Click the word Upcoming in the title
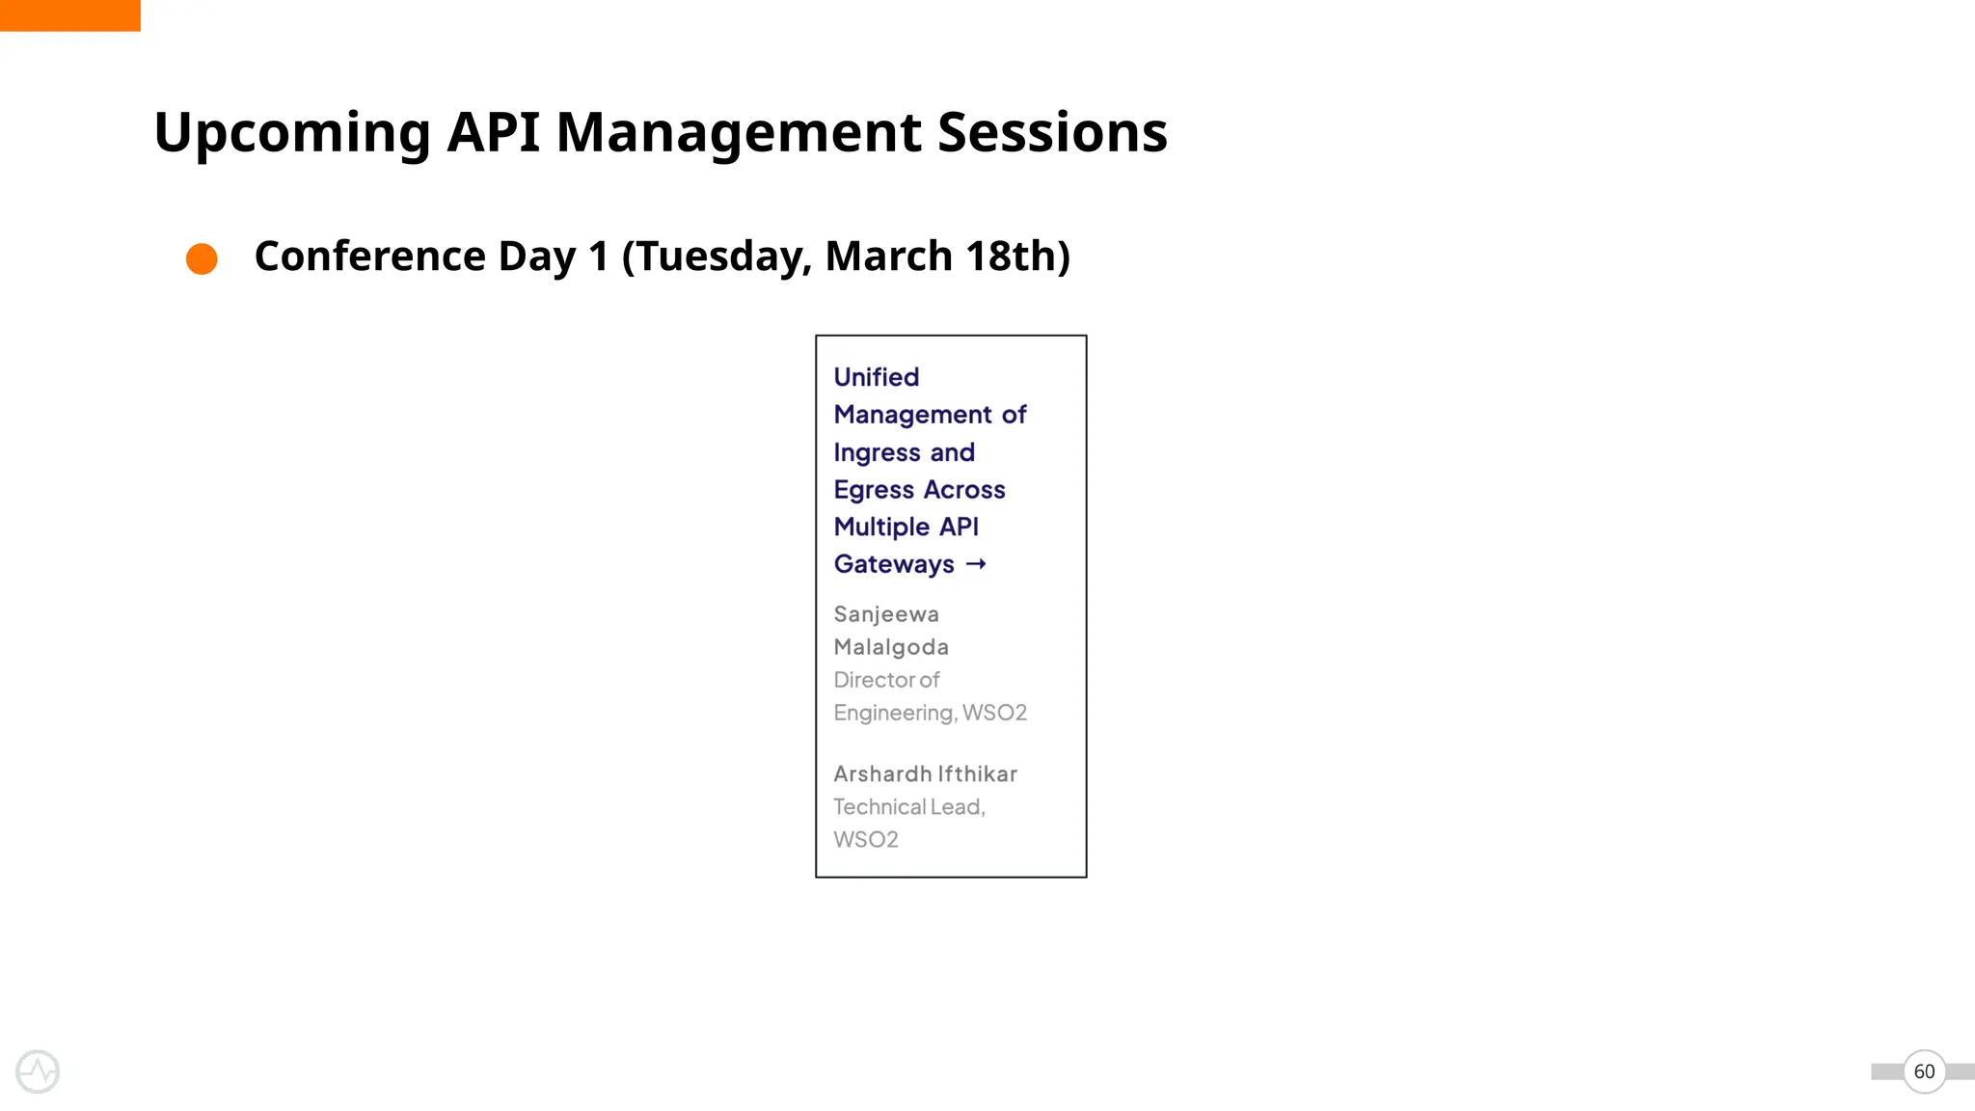point(292,133)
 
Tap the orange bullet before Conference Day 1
point(202,258)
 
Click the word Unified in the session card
point(876,377)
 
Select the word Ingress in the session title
point(877,452)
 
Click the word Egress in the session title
point(874,490)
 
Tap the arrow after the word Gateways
point(976,564)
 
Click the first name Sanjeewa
point(885,614)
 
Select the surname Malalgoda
point(891,647)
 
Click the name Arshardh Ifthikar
point(925,774)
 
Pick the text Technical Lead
point(908,807)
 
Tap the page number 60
point(1924,1071)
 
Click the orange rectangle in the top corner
point(69,15)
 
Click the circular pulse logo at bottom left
point(38,1071)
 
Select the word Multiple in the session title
point(881,528)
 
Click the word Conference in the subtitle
point(369,256)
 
